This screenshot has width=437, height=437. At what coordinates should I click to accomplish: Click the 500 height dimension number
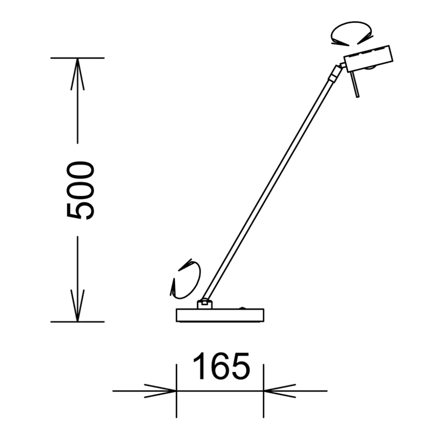pos(81,190)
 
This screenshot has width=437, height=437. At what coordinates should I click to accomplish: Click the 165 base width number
pos(222,366)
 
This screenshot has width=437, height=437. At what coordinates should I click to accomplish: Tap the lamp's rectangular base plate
pos(220,315)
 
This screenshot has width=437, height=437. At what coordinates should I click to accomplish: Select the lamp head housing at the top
pos(368,58)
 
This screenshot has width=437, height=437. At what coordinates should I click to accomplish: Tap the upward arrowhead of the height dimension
pos(78,74)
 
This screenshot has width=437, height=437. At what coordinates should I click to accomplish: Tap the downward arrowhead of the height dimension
pos(78,306)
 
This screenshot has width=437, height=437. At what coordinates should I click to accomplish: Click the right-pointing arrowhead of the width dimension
pos(160,391)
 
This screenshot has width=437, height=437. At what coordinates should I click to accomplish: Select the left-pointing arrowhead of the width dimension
pos(280,391)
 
